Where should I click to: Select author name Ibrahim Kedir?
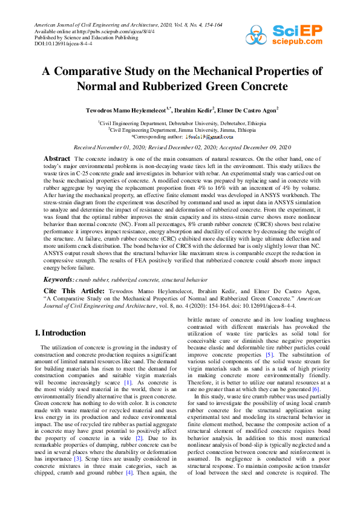[195, 111]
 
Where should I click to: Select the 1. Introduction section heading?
[60, 333]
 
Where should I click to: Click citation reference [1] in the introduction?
[128, 383]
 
